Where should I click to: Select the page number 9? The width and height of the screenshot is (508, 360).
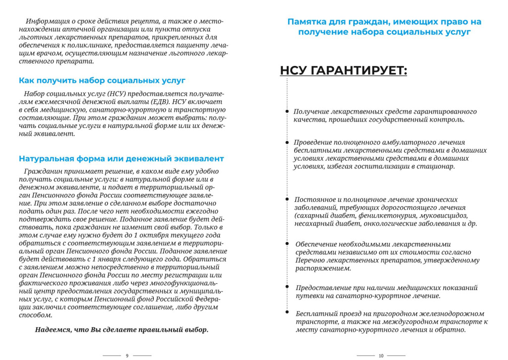127,356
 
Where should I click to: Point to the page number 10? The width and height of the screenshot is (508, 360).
381,356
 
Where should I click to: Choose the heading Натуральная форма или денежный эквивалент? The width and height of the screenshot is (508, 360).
121,159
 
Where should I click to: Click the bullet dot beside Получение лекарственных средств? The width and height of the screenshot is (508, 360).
287,112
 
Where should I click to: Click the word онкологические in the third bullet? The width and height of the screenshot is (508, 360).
390,224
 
